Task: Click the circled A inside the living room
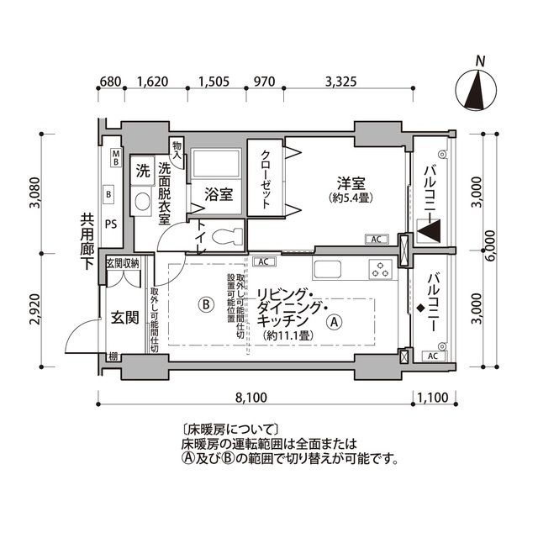(334, 320)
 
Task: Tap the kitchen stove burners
(380, 271)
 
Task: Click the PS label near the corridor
(110, 224)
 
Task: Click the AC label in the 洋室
(375, 240)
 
